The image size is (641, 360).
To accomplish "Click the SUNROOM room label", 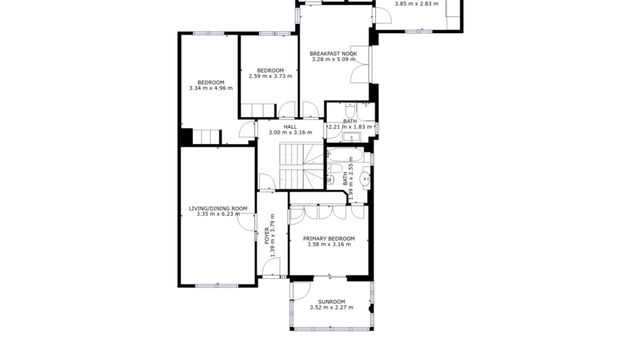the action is point(331,302).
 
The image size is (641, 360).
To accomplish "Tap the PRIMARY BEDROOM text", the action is point(329,239).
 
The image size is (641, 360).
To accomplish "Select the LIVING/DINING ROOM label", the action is point(218,209).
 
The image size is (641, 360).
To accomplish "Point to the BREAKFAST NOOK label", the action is point(333,54).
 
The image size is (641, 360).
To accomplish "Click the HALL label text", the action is point(290,127).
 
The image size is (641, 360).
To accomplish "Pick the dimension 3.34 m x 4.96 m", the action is point(211,88).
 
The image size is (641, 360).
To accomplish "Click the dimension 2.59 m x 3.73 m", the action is point(271,76).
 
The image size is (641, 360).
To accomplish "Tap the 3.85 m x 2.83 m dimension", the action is point(416,3).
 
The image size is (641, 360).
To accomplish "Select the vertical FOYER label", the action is point(267,236).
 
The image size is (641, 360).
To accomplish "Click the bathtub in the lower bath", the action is point(345,155).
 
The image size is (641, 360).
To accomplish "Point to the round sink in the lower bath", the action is point(365,179).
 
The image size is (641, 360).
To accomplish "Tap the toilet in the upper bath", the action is point(350,110).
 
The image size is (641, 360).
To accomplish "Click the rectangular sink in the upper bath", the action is point(351,138).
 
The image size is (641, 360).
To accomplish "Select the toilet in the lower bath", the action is point(334,169).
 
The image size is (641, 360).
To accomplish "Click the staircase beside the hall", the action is point(301,166).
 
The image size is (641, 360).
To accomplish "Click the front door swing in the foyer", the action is point(271,268).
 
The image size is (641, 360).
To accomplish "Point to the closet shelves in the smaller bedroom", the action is point(258,110).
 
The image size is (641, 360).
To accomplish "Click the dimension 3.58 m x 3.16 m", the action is point(329,244).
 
